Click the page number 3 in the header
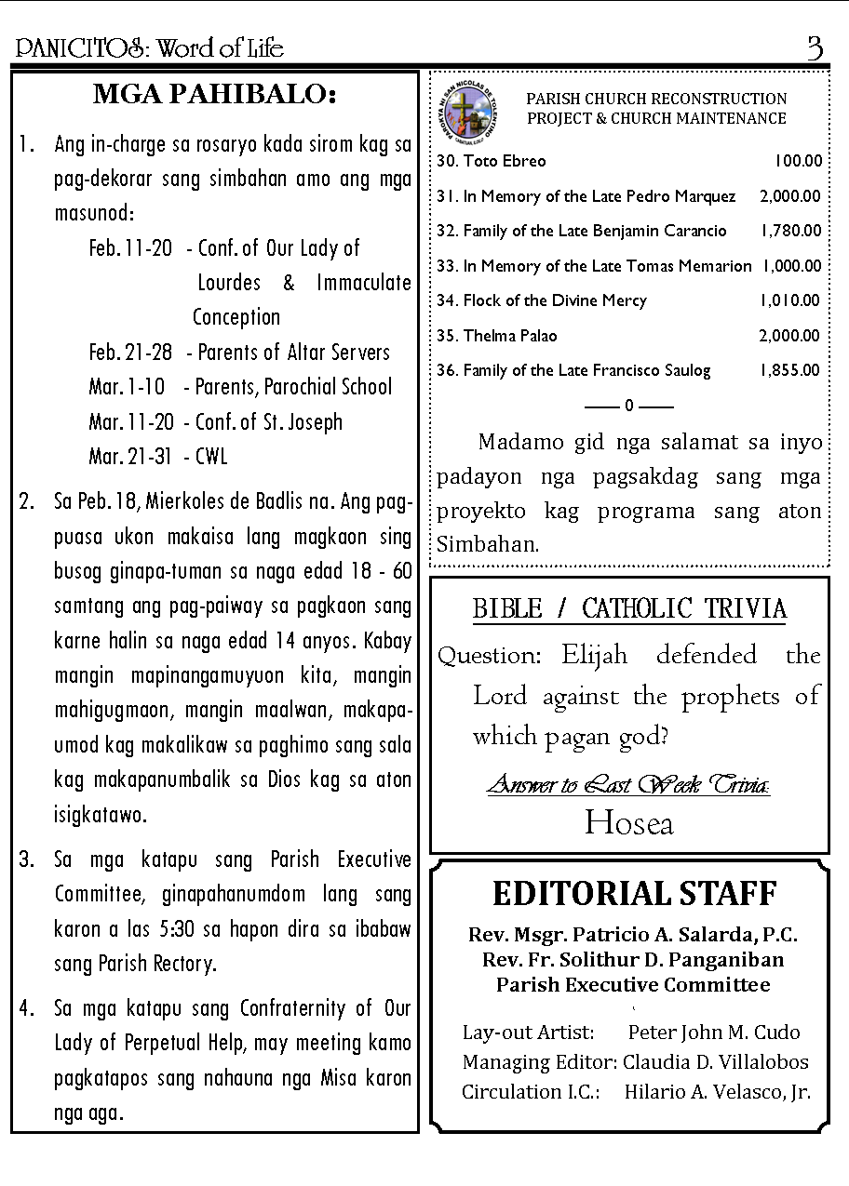point(815,48)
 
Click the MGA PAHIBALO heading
point(214,95)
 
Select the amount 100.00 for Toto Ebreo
point(799,161)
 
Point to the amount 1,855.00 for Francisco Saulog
point(789,370)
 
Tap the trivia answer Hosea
point(628,823)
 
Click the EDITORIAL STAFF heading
point(634,894)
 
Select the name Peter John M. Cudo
point(713,1033)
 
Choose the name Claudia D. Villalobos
point(715,1062)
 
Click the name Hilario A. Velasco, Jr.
point(717,1092)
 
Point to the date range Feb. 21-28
point(130,353)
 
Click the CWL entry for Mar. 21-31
point(211,457)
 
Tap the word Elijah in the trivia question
point(594,655)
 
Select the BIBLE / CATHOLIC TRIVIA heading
point(629,609)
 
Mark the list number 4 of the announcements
point(25,1008)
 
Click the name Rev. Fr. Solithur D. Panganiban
point(633,960)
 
